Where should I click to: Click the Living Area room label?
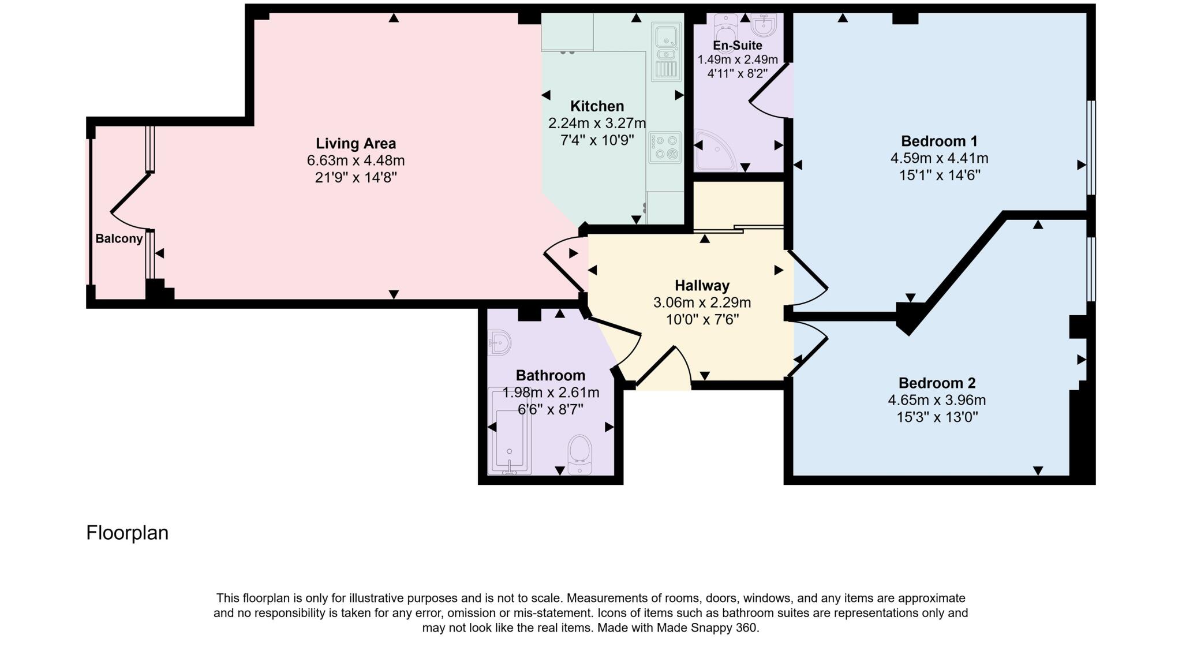[356, 143]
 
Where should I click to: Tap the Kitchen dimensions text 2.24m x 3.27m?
[597, 123]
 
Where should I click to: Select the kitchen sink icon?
[667, 52]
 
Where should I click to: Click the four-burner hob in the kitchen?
[665, 147]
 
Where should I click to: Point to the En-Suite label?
[737, 45]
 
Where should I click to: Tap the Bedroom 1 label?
[939, 141]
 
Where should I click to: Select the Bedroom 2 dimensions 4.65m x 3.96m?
[936, 399]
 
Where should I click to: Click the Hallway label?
[702, 285]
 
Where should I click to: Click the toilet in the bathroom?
[580, 455]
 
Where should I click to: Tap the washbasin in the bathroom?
[499, 343]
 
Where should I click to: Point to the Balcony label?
[119, 238]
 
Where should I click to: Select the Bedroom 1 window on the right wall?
[1090, 148]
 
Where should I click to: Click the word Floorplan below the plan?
[127, 532]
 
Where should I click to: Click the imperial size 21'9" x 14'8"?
[356, 177]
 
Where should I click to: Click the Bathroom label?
[550, 375]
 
